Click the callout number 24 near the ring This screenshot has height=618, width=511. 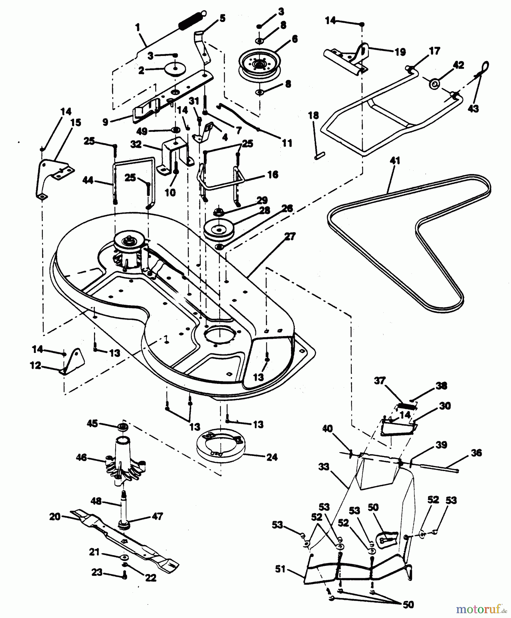click(272, 457)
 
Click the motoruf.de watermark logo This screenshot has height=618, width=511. click(480, 609)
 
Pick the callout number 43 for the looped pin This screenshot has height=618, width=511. click(474, 108)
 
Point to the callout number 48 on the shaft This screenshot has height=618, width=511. click(96, 502)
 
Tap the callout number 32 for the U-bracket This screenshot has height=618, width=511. click(136, 145)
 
